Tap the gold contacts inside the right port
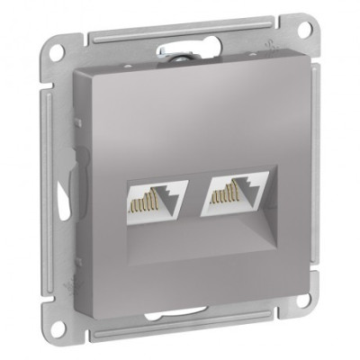(229, 188)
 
